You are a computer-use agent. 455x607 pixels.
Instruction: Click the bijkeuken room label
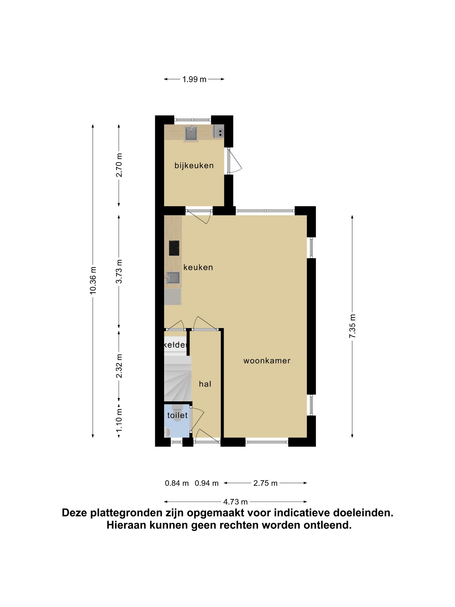point(194,165)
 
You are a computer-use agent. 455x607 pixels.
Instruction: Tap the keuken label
point(198,267)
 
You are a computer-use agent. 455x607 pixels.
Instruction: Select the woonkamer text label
point(267,361)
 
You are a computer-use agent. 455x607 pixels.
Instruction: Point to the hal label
point(205,384)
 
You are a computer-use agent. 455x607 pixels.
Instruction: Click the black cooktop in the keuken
point(174,248)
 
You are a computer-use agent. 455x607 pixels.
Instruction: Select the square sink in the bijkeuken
point(191,134)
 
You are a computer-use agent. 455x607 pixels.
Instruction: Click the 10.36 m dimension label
point(93,280)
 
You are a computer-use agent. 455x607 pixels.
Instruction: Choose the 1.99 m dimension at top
point(194,79)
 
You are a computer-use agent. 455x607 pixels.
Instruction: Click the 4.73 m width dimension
point(235,502)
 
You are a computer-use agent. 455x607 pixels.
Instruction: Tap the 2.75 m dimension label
point(265,483)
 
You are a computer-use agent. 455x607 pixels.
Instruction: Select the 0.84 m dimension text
point(177,483)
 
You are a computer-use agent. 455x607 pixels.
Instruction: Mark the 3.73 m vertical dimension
point(119,271)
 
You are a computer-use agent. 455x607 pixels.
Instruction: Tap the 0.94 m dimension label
point(207,483)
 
